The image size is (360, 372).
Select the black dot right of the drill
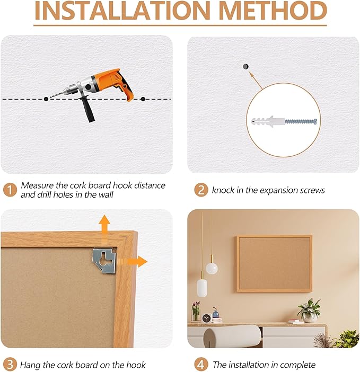tap(143, 99)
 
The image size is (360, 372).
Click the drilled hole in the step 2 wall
tap(245, 66)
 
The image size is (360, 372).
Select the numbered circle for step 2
tap(200, 189)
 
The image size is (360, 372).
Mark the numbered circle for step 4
tap(200, 365)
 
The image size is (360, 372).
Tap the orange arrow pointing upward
tap(104, 226)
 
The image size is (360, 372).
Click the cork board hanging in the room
tap(274, 263)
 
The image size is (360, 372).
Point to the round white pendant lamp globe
tap(212, 268)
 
